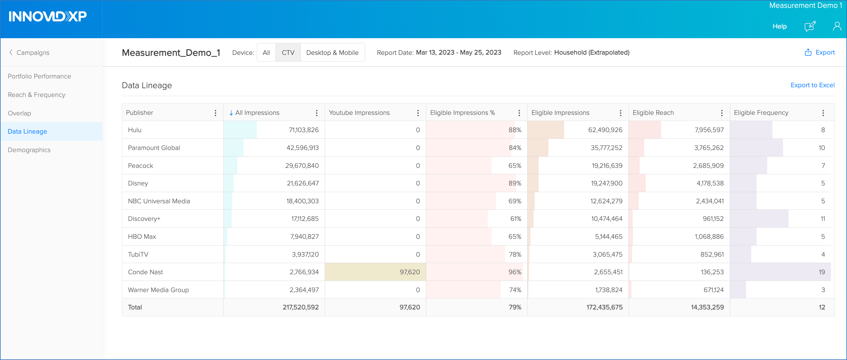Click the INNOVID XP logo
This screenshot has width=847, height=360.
pos(48,16)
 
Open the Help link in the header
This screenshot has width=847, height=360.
pos(779,26)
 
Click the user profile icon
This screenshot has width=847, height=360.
pos(837,26)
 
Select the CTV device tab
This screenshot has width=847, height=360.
pos(288,53)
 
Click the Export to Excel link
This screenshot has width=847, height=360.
pos(812,85)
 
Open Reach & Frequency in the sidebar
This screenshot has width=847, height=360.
pos(36,95)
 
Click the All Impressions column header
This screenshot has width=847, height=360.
pos(257,113)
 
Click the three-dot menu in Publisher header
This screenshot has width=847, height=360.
pos(215,113)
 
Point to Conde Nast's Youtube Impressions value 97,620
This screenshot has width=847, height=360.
pos(410,272)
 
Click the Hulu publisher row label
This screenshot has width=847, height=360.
pos(135,130)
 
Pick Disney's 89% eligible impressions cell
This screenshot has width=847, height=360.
pos(514,183)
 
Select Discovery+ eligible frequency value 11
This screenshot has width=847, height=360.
pos(822,218)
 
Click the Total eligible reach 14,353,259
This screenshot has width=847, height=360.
pos(707,307)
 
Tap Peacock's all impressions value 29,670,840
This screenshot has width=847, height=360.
pos(302,165)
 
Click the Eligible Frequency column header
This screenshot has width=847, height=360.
pos(761,113)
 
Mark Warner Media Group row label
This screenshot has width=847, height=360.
pos(158,290)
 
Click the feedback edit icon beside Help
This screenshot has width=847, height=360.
pos(809,26)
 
